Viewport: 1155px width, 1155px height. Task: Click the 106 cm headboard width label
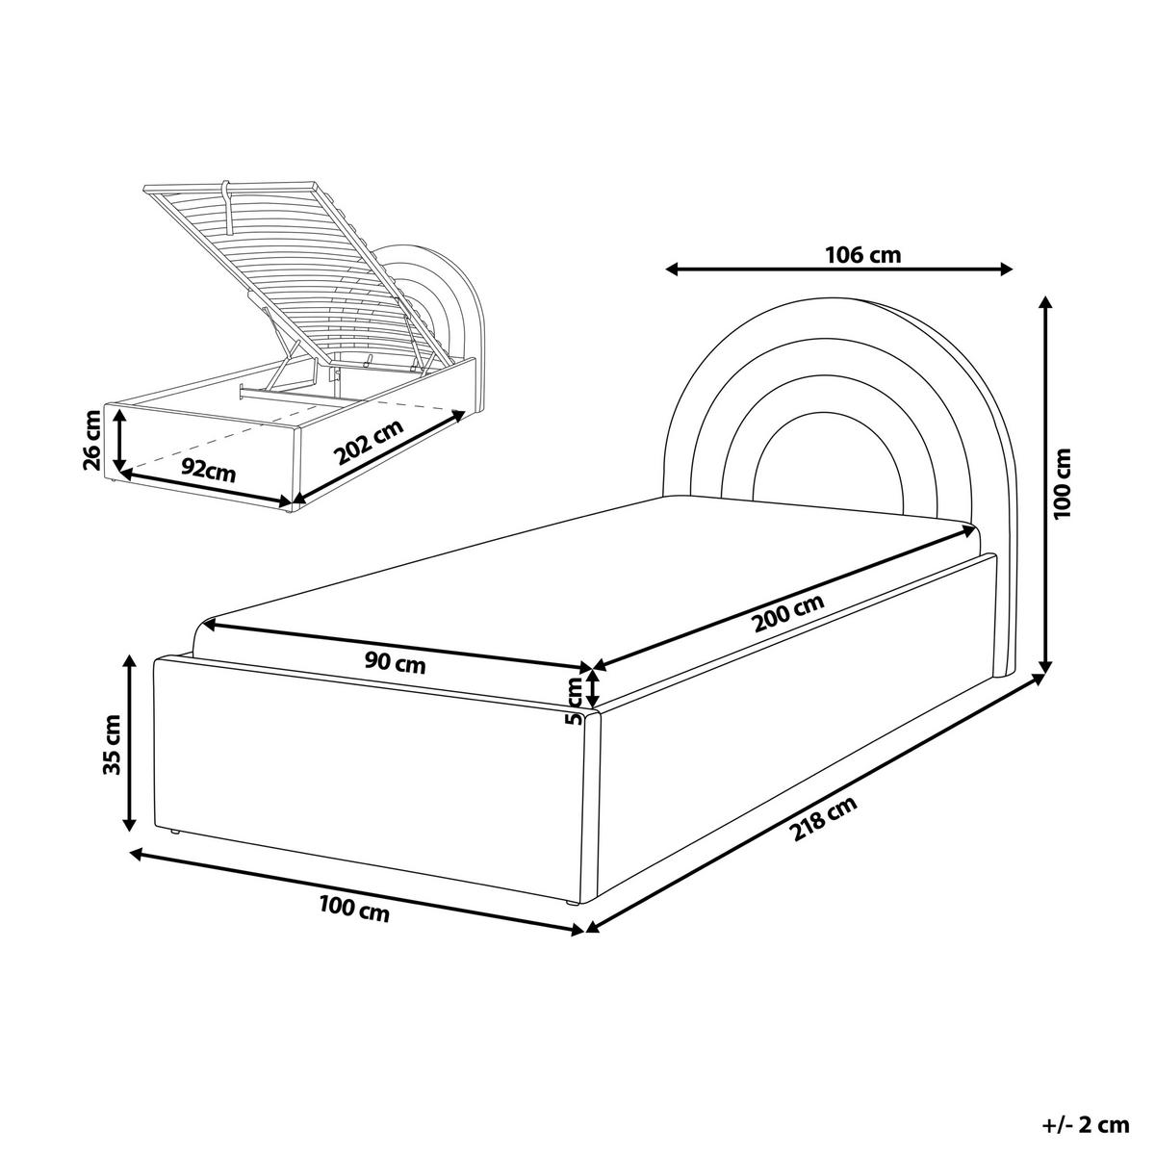pos(863,255)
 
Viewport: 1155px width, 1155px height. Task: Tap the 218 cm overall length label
pos(824,819)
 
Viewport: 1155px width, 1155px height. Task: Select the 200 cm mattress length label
pos(789,612)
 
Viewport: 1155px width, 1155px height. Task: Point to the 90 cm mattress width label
pos(396,663)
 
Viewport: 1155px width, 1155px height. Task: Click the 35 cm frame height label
pos(112,744)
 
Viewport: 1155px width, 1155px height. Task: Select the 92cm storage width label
pos(209,473)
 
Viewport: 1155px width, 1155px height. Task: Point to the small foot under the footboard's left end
pos(174,832)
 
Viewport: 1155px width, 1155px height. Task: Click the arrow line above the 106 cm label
pos(839,269)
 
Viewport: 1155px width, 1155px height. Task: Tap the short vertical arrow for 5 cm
pos(594,689)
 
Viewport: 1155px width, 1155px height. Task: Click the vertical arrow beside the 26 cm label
pos(120,439)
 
